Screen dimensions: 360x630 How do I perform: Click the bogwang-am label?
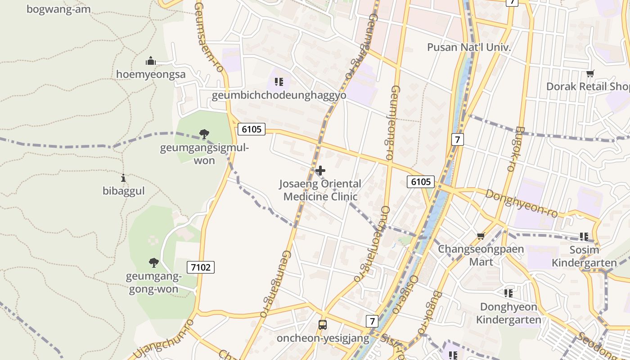click(58, 9)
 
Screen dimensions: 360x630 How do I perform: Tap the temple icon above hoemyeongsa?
click(150, 61)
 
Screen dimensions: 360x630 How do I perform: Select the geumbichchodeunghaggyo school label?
click(279, 95)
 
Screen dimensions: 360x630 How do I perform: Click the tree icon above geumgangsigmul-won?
click(204, 134)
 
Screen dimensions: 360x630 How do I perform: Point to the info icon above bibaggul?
click(123, 178)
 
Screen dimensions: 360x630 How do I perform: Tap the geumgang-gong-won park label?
click(153, 283)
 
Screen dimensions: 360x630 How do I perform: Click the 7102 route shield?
click(201, 267)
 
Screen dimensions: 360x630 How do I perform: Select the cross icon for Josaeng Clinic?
click(320, 171)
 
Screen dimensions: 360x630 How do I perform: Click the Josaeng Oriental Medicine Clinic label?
click(320, 190)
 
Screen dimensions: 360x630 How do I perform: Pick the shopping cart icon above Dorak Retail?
click(590, 73)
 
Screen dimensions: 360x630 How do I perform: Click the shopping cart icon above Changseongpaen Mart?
click(481, 236)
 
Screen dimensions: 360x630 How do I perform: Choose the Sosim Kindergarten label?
click(584, 256)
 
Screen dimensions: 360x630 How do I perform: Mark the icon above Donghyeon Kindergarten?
click(508, 293)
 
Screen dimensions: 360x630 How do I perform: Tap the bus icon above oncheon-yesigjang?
click(322, 324)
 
